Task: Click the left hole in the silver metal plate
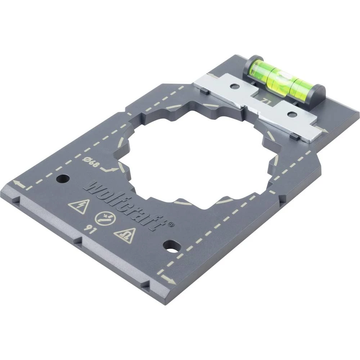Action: click(x=234, y=86)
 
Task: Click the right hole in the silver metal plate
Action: click(x=292, y=114)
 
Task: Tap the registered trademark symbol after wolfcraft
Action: click(x=171, y=224)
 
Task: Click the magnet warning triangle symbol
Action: click(x=125, y=235)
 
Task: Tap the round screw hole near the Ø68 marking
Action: click(x=63, y=178)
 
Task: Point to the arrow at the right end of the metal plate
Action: click(x=323, y=130)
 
